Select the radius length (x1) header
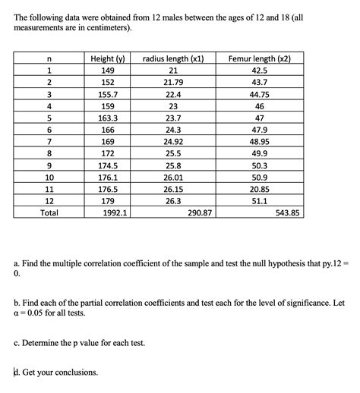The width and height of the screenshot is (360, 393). click(x=174, y=58)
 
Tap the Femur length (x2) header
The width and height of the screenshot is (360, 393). click(x=260, y=58)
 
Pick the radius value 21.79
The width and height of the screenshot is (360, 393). click(x=174, y=82)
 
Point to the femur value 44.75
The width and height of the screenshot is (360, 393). click(x=260, y=94)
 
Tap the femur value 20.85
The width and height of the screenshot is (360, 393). click(x=260, y=189)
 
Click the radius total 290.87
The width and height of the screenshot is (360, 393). click(x=200, y=213)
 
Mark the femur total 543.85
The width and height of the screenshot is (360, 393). click(x=288, y=213)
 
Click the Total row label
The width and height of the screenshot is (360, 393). click(x=49, y=213)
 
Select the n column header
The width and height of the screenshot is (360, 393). click(x=49, y=58)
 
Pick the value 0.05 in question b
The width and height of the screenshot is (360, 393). click(x=39, y=312)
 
